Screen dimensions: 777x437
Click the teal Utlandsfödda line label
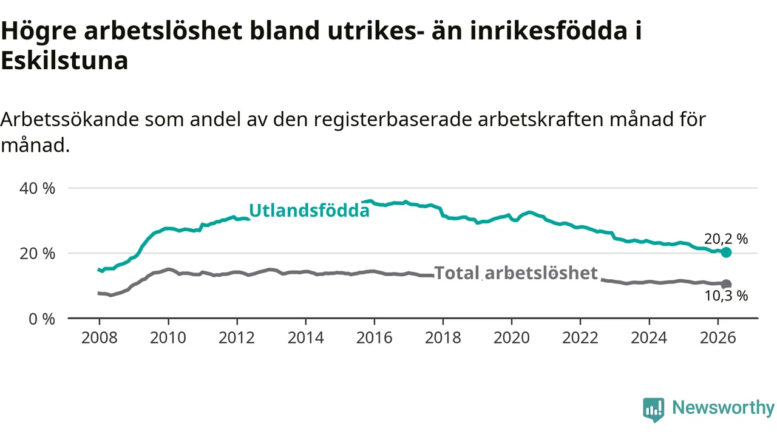(x=309, y=211)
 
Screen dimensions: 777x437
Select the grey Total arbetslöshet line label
(x=516, y=273)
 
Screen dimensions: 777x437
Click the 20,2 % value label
(x=725, y=239)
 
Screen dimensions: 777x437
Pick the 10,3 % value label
(x=726, y=296)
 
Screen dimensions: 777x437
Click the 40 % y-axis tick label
(x=38, y=188)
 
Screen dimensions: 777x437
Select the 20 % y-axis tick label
(x=38, y=254)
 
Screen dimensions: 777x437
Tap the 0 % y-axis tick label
(x=42, y=319)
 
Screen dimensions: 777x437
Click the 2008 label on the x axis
(x=100, y=338)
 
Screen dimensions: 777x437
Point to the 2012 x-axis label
(x=237, y=338)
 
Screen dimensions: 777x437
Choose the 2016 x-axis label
(x=375, y=338)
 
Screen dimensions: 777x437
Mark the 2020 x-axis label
(x=512, y=338)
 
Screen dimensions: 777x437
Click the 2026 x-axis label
(x=718, y=338)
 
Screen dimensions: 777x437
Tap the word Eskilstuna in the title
(x=64, y=60)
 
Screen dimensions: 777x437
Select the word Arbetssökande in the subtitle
(x=69, y=120)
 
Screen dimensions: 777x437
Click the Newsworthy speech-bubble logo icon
(x=654, y=410)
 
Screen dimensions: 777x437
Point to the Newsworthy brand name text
(x=724, y=407)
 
